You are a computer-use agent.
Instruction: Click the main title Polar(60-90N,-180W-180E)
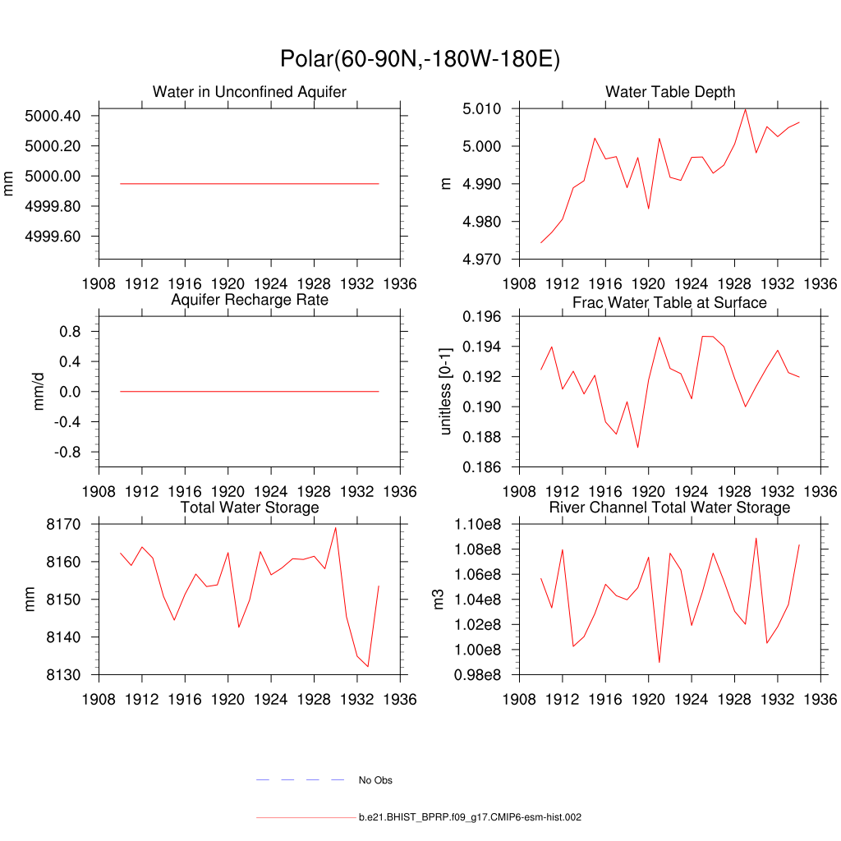pyautogui.click(x=420, y=59)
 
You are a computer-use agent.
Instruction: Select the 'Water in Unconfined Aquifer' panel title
pyautogui.click(x=250, y=92)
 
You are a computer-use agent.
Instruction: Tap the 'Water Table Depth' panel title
pyautogui.click(x=670, y=92)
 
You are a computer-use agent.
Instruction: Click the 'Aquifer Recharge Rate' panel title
pyautogui.click(x=250, y=300)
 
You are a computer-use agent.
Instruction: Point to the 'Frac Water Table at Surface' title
pyautogui.click(x=669, y=303)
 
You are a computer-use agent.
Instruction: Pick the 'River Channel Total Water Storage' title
pyautogui.click(x=669, y=508)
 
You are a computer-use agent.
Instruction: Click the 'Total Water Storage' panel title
pyautogui.click(x=250, y=508)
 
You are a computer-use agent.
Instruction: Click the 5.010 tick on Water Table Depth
pyautogui.click(x=485, y=108)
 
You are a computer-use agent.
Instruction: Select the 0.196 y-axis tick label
pyautogui.click(x=485, y=316)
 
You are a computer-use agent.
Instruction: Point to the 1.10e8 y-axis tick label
pyautogui.click(x=482, y=524)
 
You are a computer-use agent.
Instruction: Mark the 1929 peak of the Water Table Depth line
pyautogui.click(x=745, y=109)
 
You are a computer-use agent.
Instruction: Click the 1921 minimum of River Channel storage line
pyautogui.click(x=659, y=662)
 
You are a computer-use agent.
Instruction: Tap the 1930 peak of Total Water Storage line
pyautogui.click(x=335, y=527)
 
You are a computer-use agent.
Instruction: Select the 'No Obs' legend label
pyautogui.click(x=375, y=780)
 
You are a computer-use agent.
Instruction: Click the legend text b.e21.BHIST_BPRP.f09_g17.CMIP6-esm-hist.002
pyautogui.click(x=470, y=818)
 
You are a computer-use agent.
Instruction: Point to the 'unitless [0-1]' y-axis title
pyautogui.click(x=447, y=391)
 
